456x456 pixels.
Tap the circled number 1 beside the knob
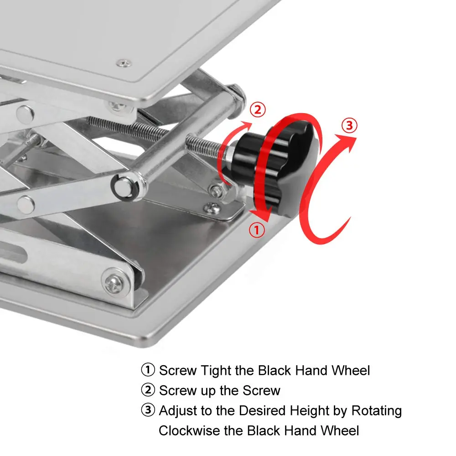(x=257, y=230)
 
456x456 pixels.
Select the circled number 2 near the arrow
(x=257, y=109)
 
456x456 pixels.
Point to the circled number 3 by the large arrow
(x=349, y=125)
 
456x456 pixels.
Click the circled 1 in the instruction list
(x=148, y=370)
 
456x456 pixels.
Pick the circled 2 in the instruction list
(x=148, y=390)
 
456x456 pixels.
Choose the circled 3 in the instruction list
(x=148, y=411)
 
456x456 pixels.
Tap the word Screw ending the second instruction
(x=260, y=390)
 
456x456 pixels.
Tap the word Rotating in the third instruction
(x=377, y=411)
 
